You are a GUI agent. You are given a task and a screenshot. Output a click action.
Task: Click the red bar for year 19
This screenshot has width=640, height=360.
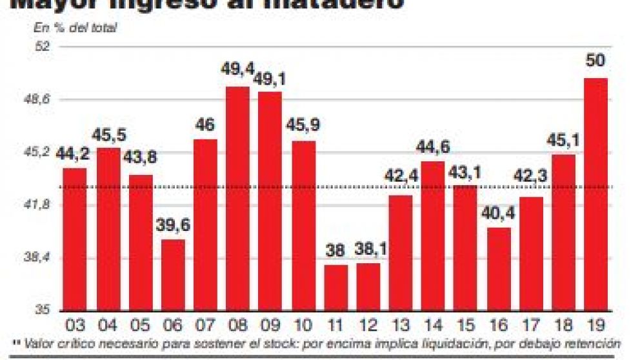coord(596,194)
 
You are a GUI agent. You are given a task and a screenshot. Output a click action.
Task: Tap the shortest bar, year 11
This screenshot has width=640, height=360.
coord(335,287)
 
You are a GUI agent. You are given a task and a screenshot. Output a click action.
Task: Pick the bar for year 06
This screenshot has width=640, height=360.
coord(173,274)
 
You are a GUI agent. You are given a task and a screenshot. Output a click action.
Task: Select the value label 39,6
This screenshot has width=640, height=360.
coord(172,227)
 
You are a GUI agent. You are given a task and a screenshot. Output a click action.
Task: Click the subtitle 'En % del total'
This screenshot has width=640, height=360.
coord(75,28)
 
